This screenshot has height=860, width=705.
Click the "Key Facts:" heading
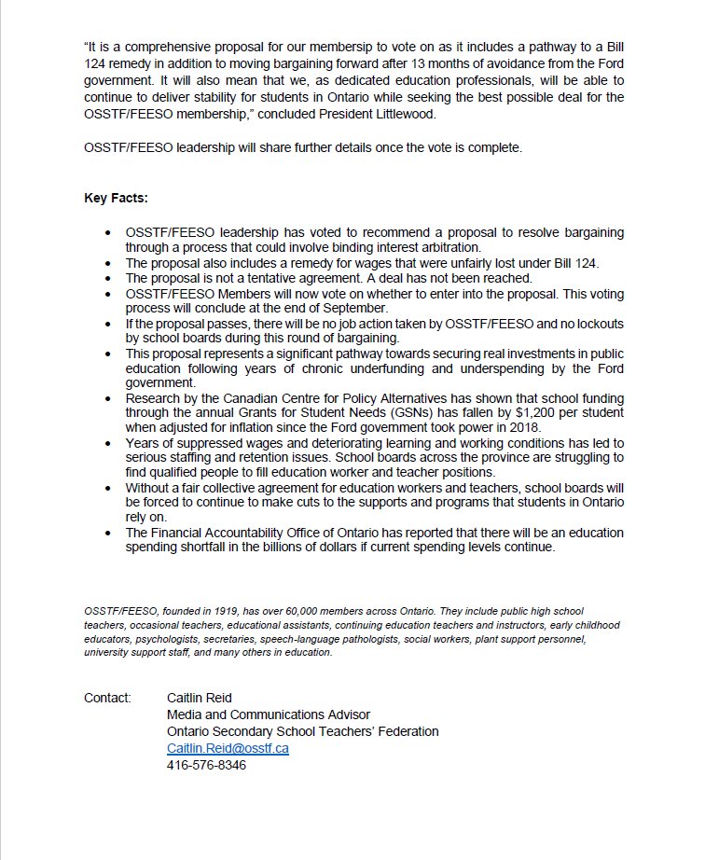[x=116, y=199]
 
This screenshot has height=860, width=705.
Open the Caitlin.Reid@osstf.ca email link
[x=228, y=748]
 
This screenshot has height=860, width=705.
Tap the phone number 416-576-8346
[x=206, y=765]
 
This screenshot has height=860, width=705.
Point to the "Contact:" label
[x=107, y=698]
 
